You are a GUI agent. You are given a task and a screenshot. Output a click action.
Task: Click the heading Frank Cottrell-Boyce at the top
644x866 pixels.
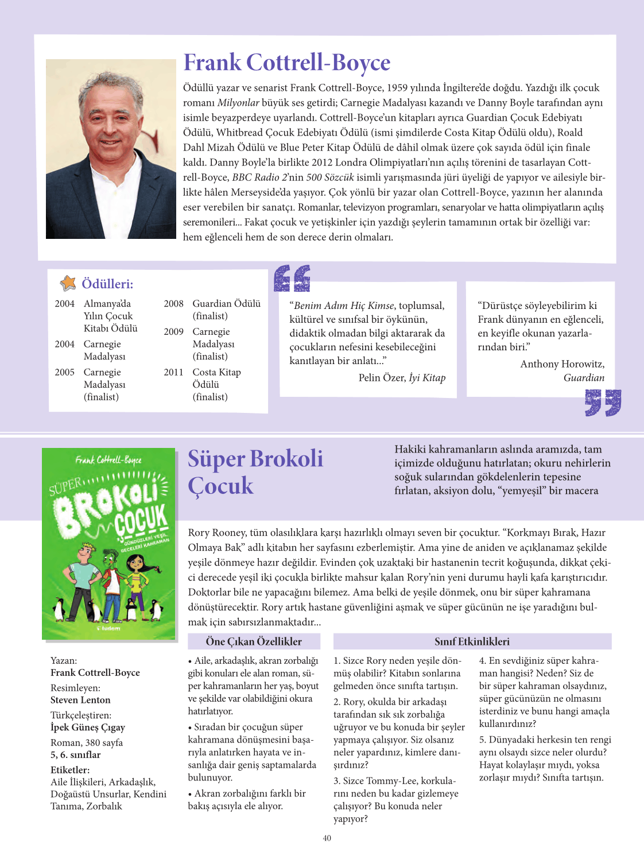[x=286, y=63]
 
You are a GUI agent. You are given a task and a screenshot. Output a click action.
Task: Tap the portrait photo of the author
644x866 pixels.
[x=111, y=149]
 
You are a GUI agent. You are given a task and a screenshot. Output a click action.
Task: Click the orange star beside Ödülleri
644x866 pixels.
[x=68, y=283]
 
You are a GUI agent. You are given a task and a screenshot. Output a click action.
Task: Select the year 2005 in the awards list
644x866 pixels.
[x=65, y=372]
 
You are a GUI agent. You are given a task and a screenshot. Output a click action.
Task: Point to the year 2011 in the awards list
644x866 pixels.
[x=173, y=372]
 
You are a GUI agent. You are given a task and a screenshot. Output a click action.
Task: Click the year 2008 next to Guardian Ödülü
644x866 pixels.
[x=173, y=303]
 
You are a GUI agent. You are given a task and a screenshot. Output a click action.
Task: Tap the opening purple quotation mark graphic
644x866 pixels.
[x=292, y=278]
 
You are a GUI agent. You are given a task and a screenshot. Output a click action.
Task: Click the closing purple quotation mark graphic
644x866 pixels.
[x=603, y=403]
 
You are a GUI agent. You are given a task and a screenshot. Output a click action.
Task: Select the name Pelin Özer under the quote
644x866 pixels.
[x=382, y=377]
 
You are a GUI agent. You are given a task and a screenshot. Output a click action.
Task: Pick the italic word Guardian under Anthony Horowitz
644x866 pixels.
[x=584, y=377]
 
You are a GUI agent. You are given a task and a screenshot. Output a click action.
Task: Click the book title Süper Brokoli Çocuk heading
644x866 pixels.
[x=255, y=472]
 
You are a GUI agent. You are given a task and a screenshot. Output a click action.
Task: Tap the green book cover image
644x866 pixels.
[x=108, y=543]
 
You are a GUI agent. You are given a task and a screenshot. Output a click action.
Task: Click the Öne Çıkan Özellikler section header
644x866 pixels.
[x=254, y=641]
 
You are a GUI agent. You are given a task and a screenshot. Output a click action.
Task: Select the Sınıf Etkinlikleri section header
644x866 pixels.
[x=472, y=641]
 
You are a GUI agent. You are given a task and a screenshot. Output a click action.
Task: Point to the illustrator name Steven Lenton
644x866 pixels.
[x=80, y=700]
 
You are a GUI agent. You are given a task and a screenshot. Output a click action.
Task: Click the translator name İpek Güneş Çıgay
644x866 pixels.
[x=88, y=727]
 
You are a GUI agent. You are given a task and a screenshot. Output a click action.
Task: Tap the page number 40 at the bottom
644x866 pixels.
[x=327, y=838]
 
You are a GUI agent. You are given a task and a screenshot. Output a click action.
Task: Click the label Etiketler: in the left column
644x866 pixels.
[x=70, y=770]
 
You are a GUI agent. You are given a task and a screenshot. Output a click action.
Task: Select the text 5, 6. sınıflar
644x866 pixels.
[x=75, y=755]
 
